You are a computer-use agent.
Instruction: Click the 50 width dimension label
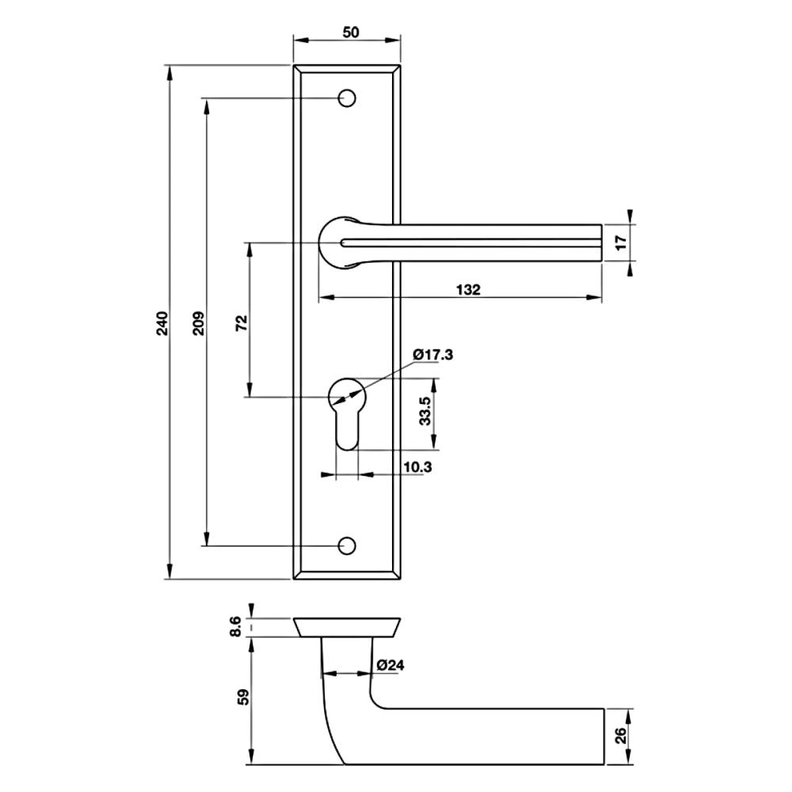[351, 32]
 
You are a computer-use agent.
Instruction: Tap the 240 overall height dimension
[162, 323]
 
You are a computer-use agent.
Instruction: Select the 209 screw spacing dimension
[199, 323]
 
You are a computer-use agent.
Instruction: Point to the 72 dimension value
[242, 322]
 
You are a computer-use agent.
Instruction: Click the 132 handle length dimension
[468, 290]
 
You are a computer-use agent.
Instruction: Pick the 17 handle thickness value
[621, 242]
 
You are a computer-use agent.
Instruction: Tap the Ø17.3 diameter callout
[433, 355]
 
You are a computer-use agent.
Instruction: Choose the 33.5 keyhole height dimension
[425, 411]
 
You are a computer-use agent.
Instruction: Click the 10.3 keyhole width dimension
[417, 467]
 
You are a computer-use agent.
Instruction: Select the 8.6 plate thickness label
[236, 626]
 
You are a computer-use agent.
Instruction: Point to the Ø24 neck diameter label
[390, 666]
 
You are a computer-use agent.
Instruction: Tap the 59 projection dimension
[244, 697]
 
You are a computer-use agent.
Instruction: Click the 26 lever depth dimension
[621, 736]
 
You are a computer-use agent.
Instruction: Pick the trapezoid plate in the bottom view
[347, 627]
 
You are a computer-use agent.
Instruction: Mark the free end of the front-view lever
[602, 242]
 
